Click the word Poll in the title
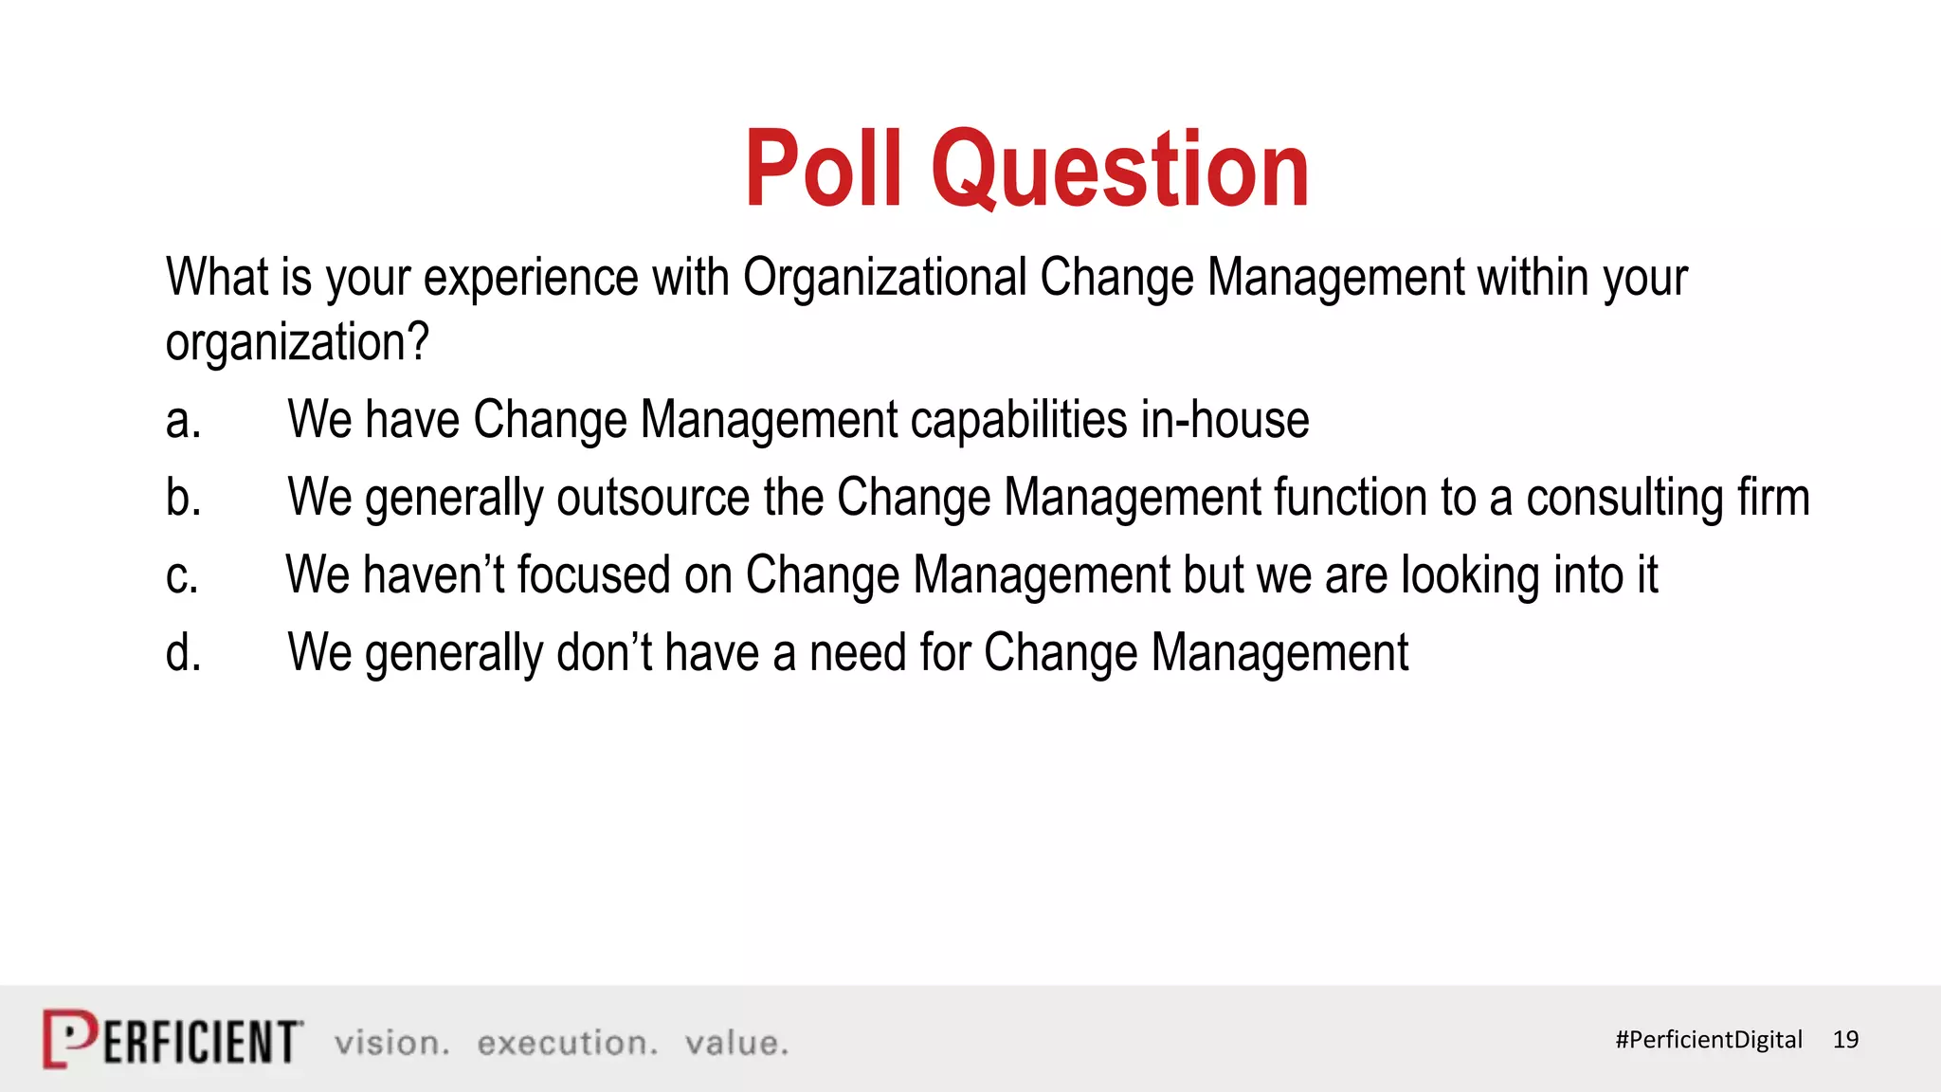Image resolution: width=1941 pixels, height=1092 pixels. coord(822,171)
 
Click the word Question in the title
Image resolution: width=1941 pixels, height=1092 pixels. coord(1120,171)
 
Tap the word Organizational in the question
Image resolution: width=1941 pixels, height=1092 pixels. coord(884,278)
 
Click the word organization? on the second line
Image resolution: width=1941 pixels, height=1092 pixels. coord(297,343)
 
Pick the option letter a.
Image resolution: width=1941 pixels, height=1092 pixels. coord(183,421)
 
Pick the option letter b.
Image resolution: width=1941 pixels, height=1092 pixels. coord(183,498)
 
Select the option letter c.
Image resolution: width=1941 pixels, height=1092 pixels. coord(182,576)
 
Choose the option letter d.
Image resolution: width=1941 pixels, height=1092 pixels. coord(183,653)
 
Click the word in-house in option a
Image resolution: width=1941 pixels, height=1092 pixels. coord(1224,420)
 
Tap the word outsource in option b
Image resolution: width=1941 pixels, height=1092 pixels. coord(653,499)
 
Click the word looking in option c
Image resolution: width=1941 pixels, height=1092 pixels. coord(1471,576)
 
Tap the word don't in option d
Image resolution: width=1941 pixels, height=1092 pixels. coord(604,653)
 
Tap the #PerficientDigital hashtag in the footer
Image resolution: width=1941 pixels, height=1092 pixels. coord(1708,1040)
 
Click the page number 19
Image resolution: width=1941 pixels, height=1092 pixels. coord(1845,1040)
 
